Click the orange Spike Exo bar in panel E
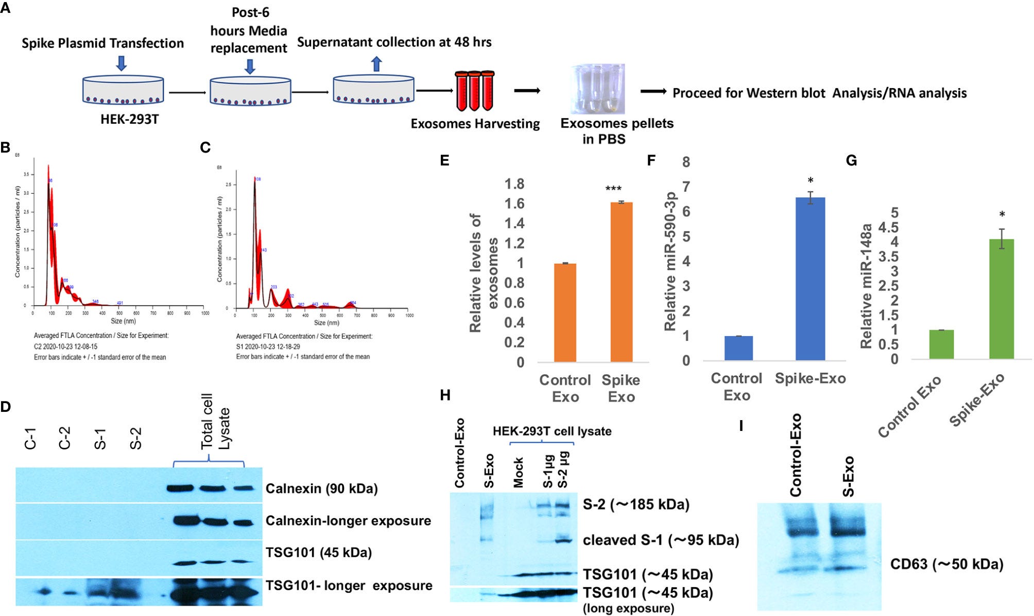coord(621,282)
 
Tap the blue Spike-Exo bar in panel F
coord(810,278)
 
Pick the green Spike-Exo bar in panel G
coord(1002,298)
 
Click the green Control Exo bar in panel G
coord(941,344)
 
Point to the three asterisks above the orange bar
coord(613,189)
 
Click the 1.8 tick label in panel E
coord(514,184)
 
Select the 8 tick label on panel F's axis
coord(686,162)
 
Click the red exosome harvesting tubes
coord(474,91)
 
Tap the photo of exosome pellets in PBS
coord(597,89)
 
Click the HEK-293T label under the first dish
coord(129,120)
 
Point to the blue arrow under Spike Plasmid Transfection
coord(122,63)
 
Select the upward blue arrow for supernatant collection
coord(376,64)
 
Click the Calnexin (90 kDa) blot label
coord(321,489)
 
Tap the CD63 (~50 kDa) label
coord(946,564)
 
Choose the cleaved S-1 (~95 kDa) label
coord(661,540)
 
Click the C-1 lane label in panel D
coord(30,438)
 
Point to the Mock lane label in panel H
coord(518,472)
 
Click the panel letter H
coord(445,395)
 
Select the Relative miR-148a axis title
coord(866,286)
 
